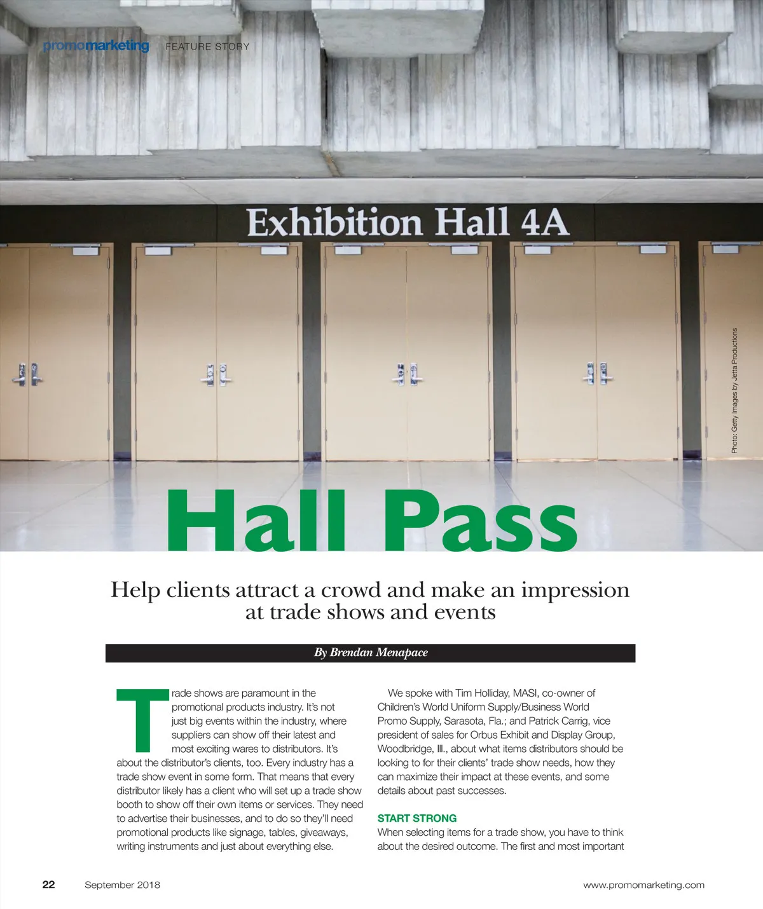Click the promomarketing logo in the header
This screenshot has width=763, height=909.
[96, 46]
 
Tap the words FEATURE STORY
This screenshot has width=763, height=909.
[207, 46]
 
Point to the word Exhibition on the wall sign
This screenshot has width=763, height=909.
[334, 222]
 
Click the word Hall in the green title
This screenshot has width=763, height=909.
[256, 521]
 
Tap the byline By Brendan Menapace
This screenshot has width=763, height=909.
[371, 653]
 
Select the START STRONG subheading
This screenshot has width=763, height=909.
[417, 818]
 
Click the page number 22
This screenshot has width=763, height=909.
[49, 884]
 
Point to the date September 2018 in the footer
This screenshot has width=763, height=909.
[122, 885]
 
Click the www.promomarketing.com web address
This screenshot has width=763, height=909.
[643, 885]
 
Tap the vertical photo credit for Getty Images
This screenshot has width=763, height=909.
[734, 390]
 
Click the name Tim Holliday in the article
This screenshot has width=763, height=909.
[482, 693]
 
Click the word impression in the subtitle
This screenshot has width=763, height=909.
[575, 590]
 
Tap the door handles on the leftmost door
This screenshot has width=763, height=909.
[27, 374]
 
